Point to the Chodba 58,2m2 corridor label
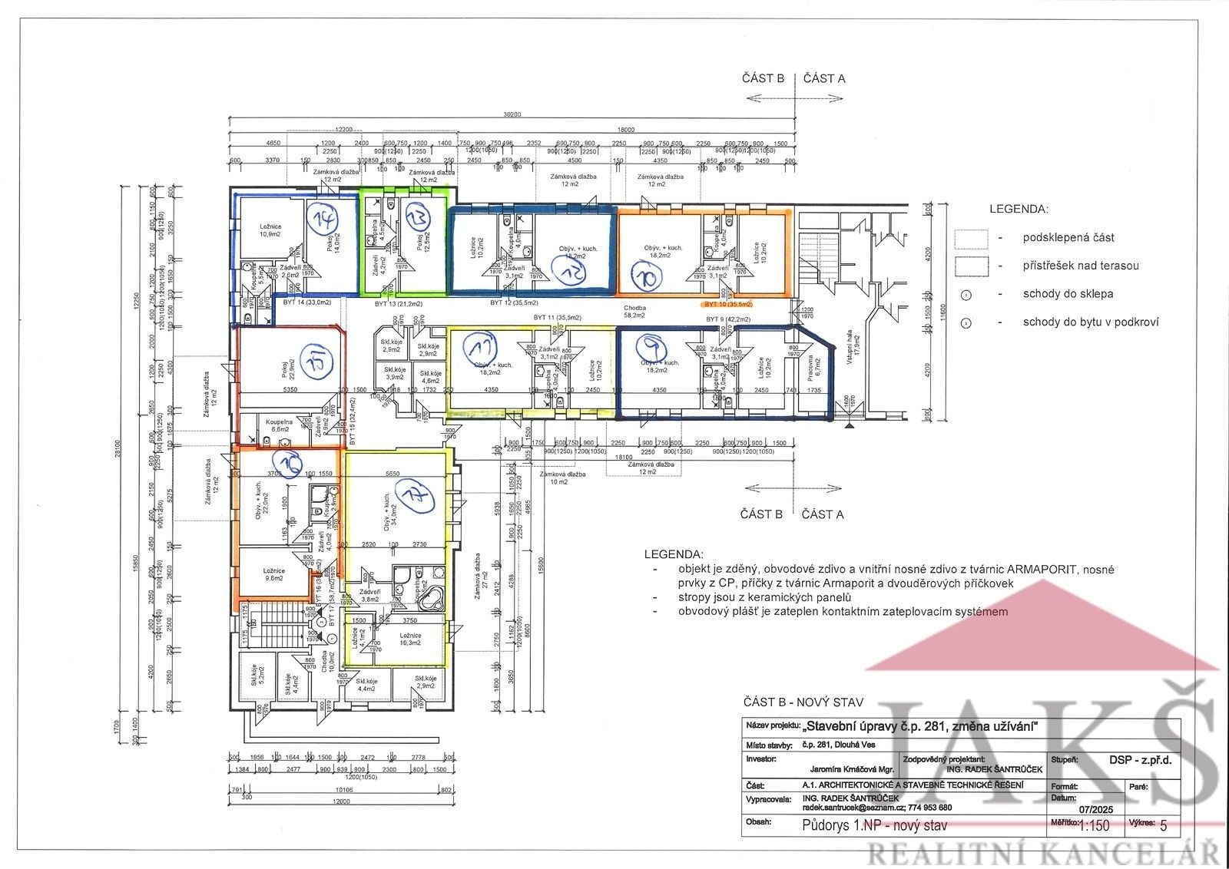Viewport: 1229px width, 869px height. point(634,310)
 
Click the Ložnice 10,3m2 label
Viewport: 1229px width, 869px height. point(409,639)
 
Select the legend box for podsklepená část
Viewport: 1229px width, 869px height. point(970,238)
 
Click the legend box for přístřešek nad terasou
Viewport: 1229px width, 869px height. point(970,266)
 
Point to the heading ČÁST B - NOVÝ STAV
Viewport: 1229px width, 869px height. point(803,702)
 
